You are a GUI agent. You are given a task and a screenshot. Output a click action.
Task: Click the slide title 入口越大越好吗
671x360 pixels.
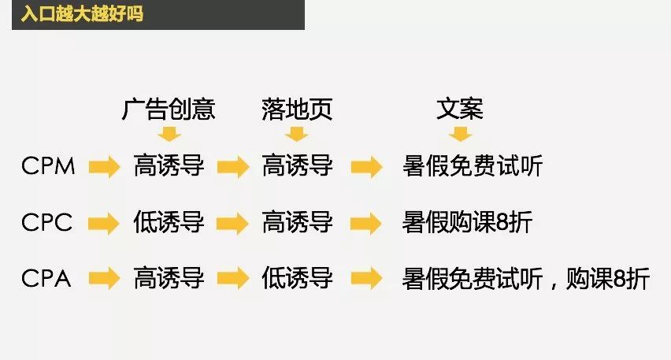click(82, 13)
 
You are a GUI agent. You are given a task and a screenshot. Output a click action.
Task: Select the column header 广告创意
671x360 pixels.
click(169, 109)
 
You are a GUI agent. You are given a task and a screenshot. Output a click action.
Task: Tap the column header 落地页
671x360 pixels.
click(297, 109)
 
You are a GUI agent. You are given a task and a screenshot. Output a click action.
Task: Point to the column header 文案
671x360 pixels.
click(460, 109)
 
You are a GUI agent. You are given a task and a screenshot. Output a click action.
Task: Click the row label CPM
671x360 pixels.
click(48, 165)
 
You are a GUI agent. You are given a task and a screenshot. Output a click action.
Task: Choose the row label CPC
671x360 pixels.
click(46, 222)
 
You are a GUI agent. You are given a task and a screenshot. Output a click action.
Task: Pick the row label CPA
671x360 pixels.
click(46, 278)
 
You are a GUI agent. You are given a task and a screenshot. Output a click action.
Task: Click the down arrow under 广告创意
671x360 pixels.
click(169, 134)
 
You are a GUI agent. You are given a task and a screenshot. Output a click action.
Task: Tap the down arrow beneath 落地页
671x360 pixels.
click(297, 134)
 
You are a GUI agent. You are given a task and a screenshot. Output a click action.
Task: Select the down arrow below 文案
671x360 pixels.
click(461, 134)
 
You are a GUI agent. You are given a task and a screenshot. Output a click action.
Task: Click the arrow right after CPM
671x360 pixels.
click(105, 166)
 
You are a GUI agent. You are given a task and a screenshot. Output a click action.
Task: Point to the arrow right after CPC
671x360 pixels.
click(104, 223)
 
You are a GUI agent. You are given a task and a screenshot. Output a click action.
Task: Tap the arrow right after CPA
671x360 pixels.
click(105, 278)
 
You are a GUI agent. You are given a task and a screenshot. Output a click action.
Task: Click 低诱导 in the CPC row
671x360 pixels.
click(169, 222)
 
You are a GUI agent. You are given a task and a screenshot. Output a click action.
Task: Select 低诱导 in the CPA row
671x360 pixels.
click(298, 278)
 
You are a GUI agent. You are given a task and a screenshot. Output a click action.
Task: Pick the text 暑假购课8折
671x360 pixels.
click(467, 222)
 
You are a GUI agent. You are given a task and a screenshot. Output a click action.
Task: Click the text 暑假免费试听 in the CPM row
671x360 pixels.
click(473, 165)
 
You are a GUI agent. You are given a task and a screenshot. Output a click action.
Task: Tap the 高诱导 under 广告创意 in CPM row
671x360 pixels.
click(169, 165)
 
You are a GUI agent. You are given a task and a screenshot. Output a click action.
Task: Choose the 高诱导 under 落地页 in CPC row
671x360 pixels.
click(298, 222)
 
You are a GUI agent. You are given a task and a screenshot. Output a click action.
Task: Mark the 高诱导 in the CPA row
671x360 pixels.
click(169, 278)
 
